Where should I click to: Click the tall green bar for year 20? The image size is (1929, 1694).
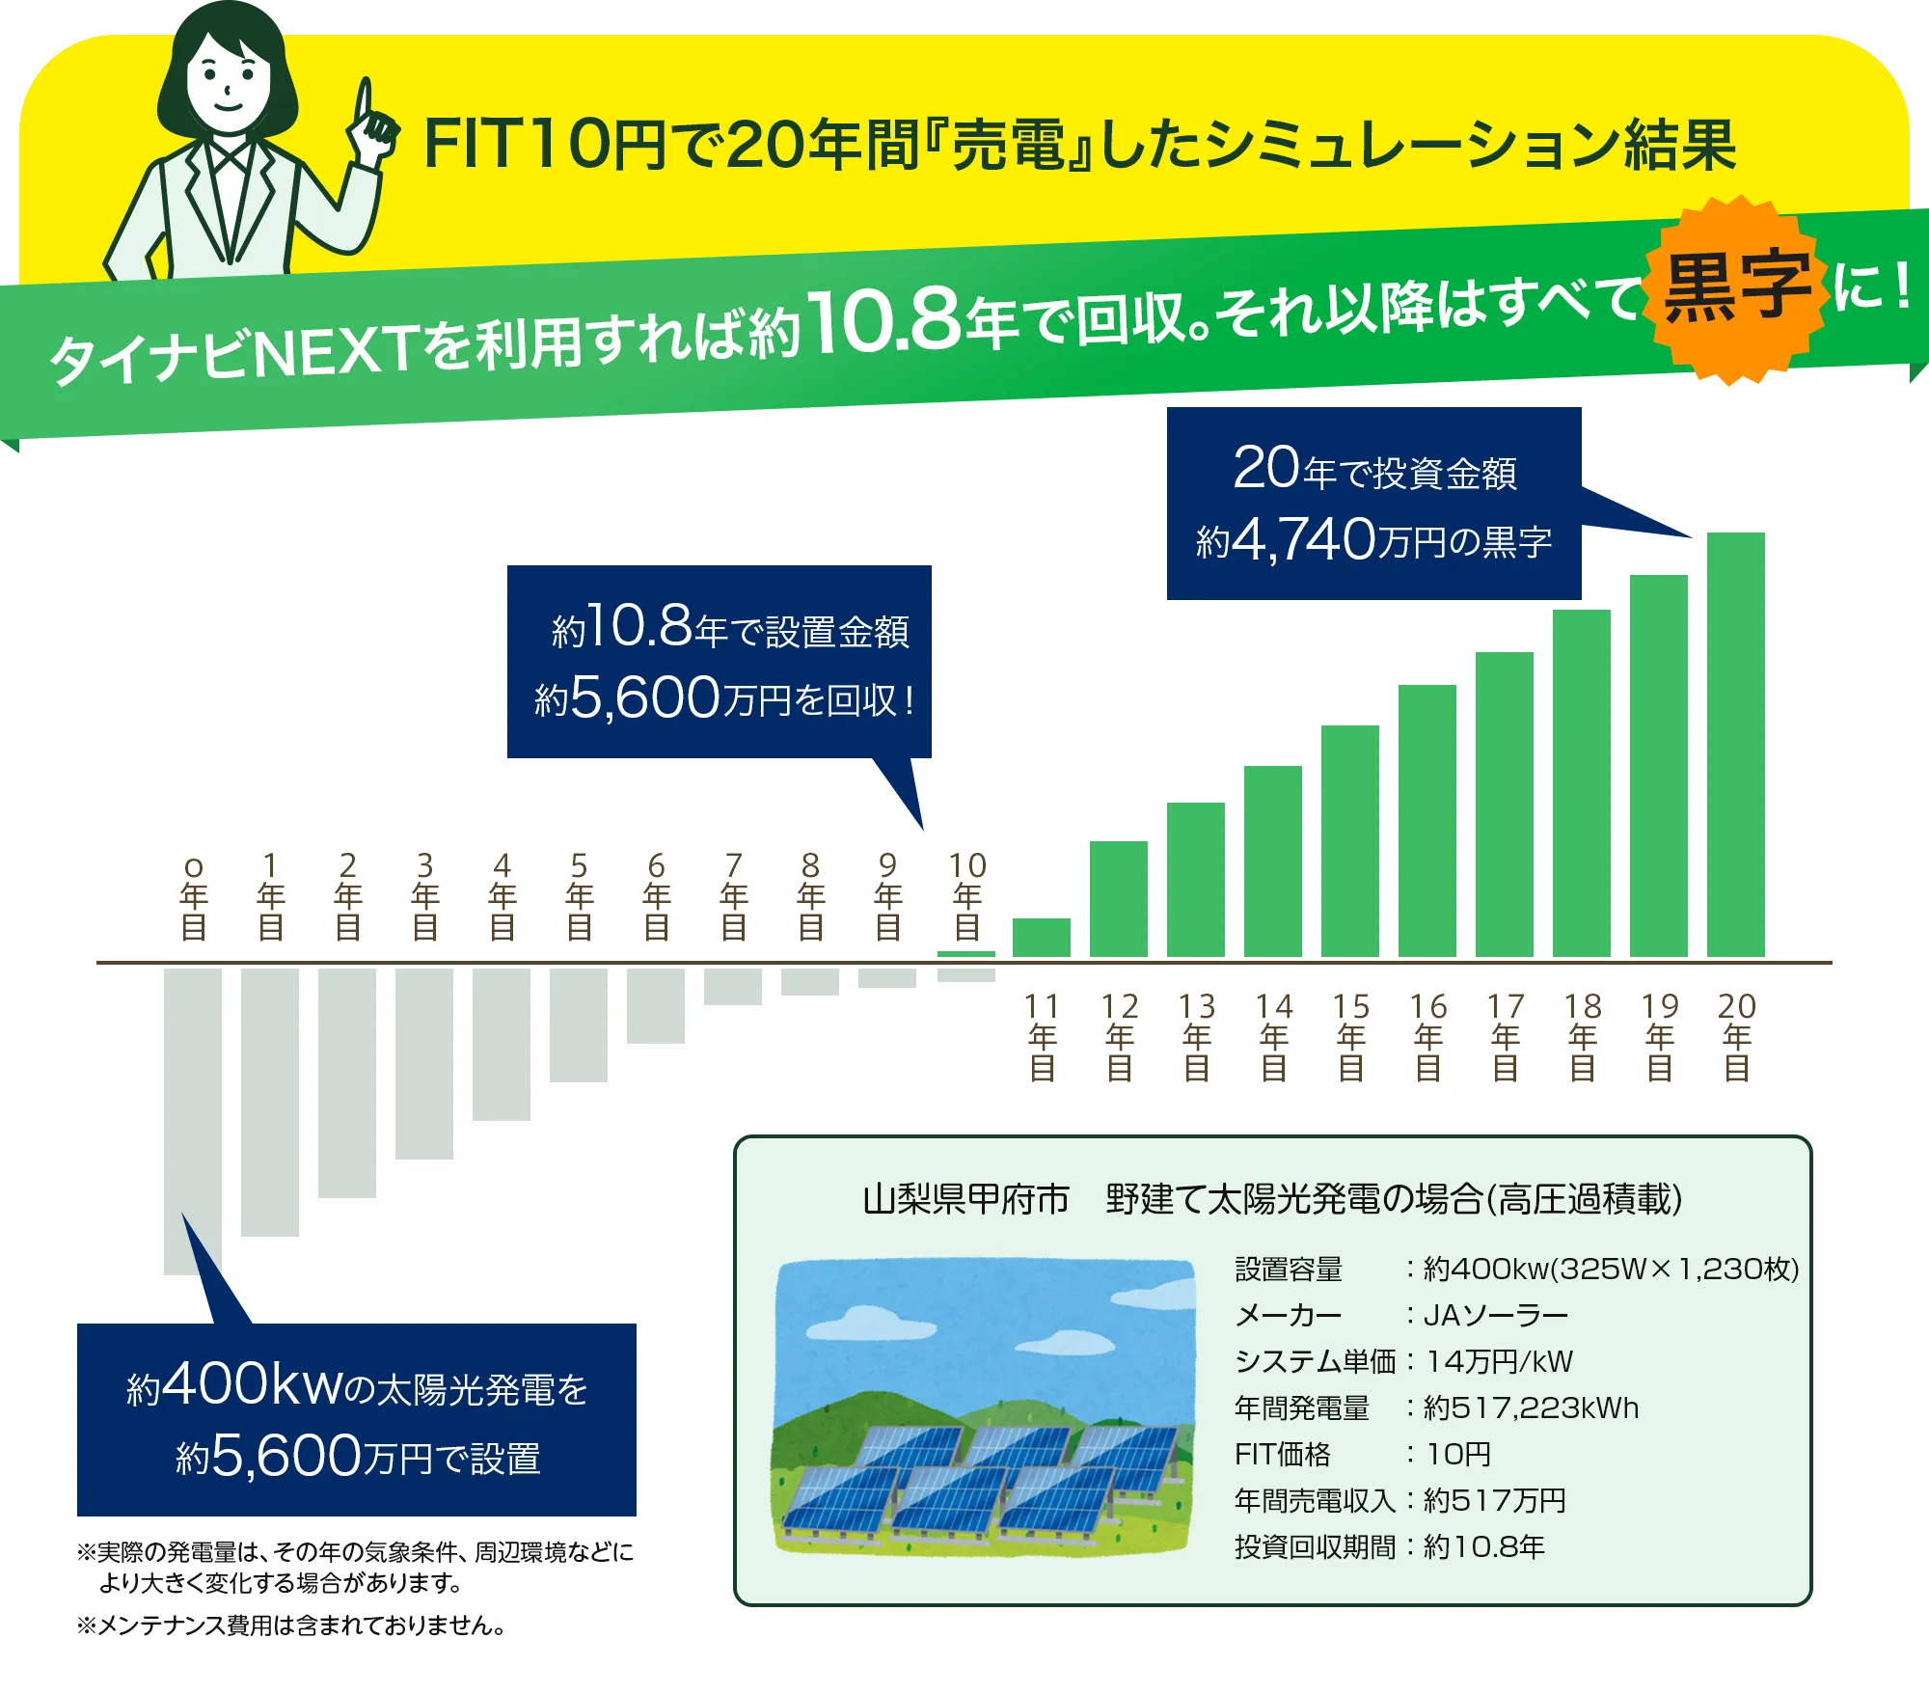coord(1736,744)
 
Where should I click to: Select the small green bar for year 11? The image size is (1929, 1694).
coord(1042,938)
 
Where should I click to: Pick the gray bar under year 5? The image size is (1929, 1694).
coord(579,1025)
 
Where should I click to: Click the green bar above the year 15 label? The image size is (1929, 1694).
coord(1350,840)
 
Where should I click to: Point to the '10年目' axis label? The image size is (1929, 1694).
coord(966,895)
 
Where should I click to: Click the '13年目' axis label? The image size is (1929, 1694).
coord(1196,1036)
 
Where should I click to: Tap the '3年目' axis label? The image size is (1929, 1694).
coord(424,895)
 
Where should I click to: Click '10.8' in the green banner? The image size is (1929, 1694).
coord(885,320)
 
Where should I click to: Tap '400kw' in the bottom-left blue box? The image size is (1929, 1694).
coord(253,1385)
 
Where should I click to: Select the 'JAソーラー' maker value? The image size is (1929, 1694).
coord(1496,1315)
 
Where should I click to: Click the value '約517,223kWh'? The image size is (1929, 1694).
coord(1531,1407)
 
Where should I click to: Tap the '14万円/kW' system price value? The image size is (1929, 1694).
coord(1499,1361)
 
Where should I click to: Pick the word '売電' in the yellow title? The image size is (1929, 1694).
coord(1009,147)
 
